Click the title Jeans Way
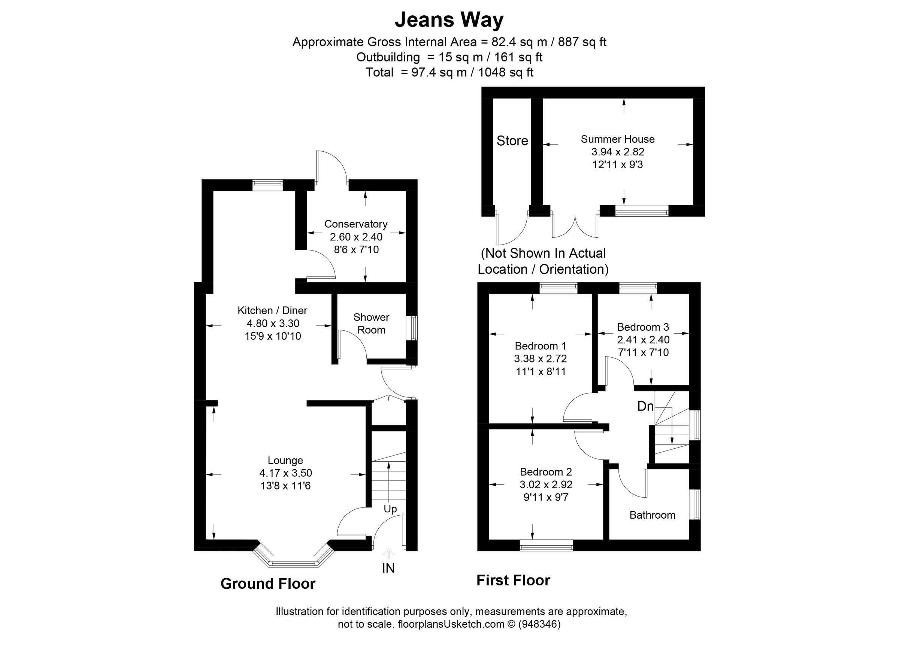tap(449, 20)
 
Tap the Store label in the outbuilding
tap(512, 141)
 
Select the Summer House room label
tap(618, 139)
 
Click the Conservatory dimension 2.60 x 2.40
tap(356, 237)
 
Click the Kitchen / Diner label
tap(272, 310)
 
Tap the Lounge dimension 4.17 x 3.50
tap(285, 473)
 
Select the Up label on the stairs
tap(390, 509)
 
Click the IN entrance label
tap(388, 568)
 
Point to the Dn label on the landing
tap(645, 406)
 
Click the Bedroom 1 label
tap(540, 346)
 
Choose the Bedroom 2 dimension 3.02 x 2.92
tap(546, 485)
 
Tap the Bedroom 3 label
tap(643, 327)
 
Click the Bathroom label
tap(652, 515)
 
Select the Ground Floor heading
tap(268, 583)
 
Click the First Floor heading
tap(513, 580)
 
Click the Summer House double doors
tap(575, 226)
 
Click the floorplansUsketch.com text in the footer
tap(451, 624)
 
